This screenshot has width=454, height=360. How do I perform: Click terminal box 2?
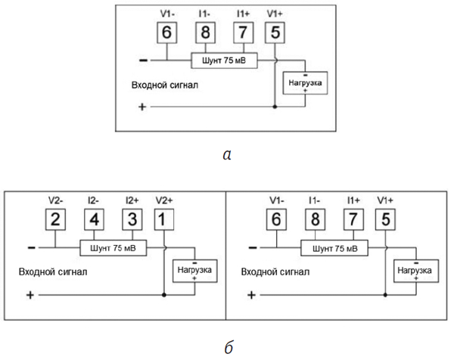pos(55,219)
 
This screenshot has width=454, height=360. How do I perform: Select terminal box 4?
pos(94,219)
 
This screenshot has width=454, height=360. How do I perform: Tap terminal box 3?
pos(132,219)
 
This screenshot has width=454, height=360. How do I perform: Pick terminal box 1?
pos(164,219)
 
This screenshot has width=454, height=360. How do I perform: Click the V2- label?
pos(55,200)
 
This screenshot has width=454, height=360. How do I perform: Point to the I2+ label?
pos(132,200)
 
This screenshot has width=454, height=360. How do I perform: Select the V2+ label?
pos(164,200)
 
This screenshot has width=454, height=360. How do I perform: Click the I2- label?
pos(93,200)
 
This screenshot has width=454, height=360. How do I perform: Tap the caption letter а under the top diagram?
pos(227,155)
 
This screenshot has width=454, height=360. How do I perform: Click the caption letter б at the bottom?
pos(229,347)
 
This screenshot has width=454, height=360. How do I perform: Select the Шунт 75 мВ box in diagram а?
pos(224,61)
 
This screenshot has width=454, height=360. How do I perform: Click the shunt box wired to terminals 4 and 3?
pos(113,248)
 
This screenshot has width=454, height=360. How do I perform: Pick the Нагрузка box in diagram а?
pos(305,82)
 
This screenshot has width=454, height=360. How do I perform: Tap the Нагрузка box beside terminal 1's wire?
pos(195,271)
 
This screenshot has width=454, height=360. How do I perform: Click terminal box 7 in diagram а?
pos(244,33)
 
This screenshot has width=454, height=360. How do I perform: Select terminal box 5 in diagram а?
pos(275,33)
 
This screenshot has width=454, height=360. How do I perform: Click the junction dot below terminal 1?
pos(164,295)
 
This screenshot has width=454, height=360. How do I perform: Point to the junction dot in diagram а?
pos(275,107)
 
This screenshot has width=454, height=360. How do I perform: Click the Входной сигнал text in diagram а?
pos(165,85)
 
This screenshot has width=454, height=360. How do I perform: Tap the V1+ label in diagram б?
pos(385,200)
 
